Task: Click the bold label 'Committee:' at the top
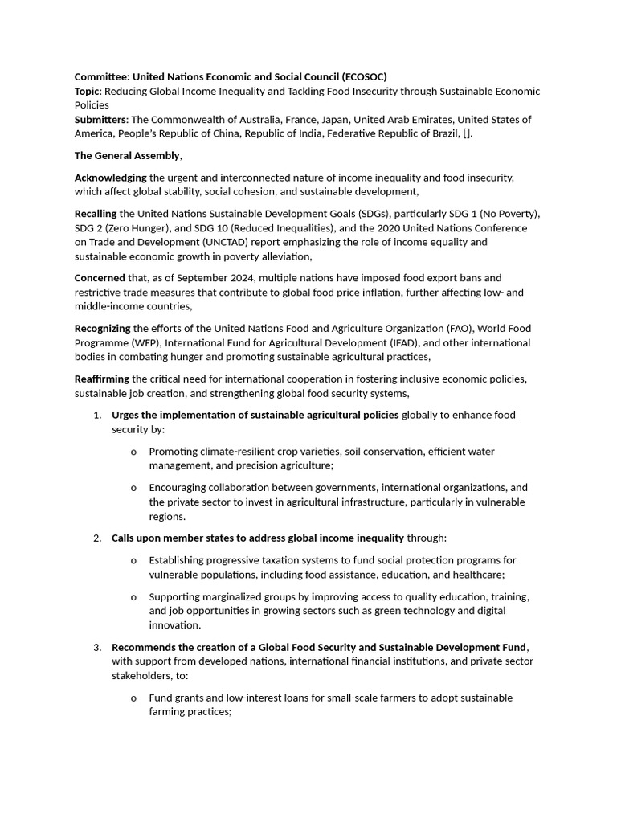tap(102, 76)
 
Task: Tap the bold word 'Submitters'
tap(100, 120)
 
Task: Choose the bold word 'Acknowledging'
tap(111, 177)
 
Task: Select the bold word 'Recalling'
tap(96, 214)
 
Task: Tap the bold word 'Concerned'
tap(100, 278)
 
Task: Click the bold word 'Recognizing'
tap(103, 329)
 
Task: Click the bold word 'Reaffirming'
tap(102, 379)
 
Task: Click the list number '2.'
tap(97, 538)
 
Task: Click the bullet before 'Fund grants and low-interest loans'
tap(133, 698)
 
